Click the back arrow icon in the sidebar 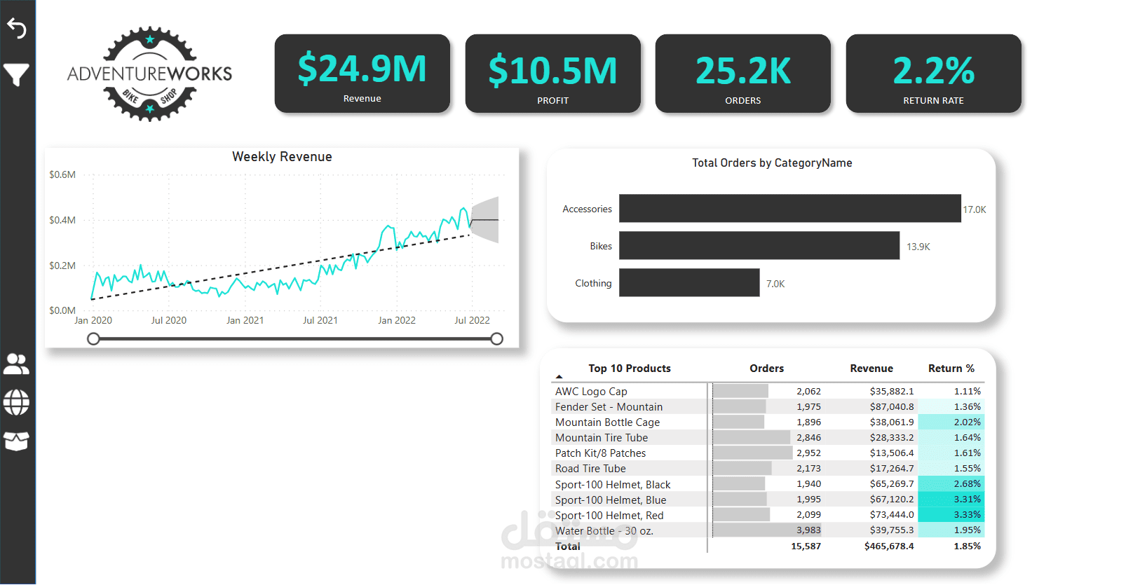pos(17,28)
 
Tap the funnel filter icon pos(17,74)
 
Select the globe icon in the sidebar pos(16,402)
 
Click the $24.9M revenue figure pos(362,69)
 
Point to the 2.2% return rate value pos(933,71)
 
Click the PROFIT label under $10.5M pos(552,101)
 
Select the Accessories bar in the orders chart pos(789,209)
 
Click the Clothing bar pos(689,283)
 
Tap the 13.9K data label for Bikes pos(918,247)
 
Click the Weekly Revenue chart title pos(282,157)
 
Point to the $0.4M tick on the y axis pos(62,220)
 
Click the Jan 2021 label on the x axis pos(245,320)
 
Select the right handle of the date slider pos(496,339)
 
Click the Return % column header pos(951,369)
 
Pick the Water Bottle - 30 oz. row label pos(604,531)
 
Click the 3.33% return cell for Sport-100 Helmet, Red pos(967,515)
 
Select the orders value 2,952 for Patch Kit pos(808,453)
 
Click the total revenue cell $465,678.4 pos(888,546)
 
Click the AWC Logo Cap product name pos(591,392)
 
